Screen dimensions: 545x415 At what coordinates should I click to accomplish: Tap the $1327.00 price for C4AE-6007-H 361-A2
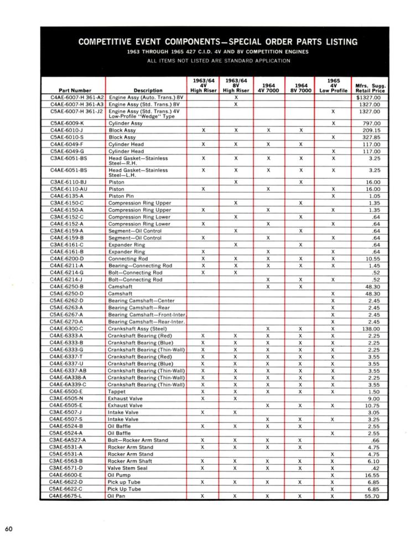pos(369,97)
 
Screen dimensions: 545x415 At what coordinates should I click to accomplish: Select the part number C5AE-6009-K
pos(67,123)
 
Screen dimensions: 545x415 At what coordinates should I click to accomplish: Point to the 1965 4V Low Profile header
pos(333,86)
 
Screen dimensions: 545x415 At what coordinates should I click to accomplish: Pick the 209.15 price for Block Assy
pos(372,130)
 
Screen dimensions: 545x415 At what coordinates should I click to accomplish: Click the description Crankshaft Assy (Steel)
pos(137,329)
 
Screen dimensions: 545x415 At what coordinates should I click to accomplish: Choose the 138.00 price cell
pos(372,329)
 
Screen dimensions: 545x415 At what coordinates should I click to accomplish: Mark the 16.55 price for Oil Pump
pos(372,475)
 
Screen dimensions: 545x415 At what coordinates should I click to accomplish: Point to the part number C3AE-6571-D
pos(66,468)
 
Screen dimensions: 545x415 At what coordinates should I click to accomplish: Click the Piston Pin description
pos(122,196)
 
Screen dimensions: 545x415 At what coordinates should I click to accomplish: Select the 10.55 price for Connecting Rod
pos(372,258)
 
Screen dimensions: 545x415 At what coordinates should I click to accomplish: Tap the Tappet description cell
pos(117,391)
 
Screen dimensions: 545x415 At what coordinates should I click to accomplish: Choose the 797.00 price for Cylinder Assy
pos(372,123)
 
